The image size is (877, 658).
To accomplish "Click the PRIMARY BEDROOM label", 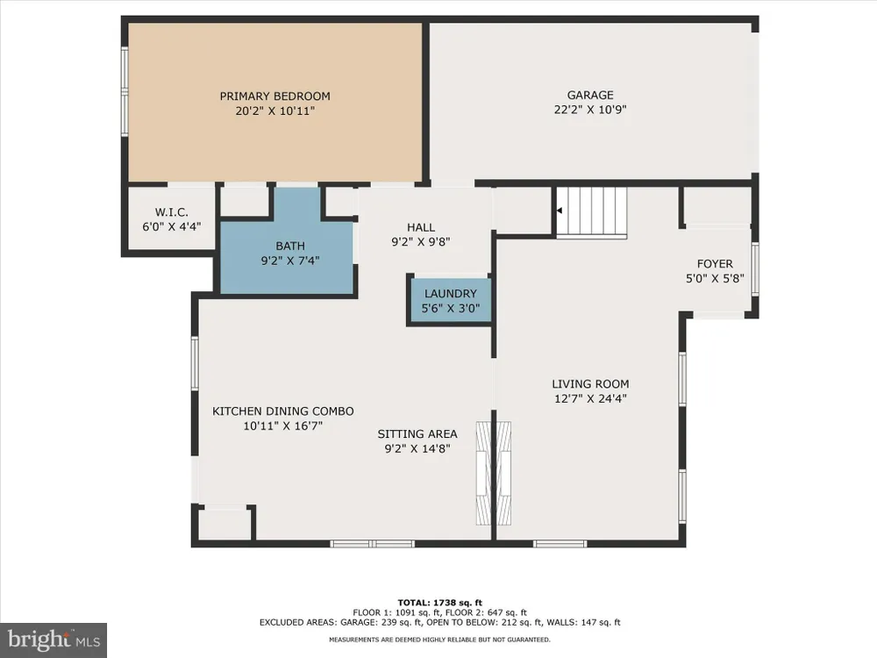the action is coord(275,97).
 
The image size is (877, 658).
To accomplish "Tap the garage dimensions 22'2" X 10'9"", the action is coord(590,110).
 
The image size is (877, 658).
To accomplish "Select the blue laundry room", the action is coord(450,300).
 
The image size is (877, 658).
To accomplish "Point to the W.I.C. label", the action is coord(172,212).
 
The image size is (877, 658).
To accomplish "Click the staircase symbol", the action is coord(591,212).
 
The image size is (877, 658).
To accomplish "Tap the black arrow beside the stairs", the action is coord(559,211).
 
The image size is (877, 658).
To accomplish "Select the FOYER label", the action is coord(715,263).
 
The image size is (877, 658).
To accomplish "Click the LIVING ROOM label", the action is coord(590,384).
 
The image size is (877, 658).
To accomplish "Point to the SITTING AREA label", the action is coord(417,433).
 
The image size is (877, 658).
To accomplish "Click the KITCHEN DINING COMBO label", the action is coord(283,411).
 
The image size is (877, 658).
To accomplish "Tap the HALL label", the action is coord(421,227).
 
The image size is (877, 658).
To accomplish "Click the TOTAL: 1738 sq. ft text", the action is coord(439,603).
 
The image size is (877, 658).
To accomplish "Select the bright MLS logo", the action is coord(53,640).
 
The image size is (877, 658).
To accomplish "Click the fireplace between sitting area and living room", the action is coord(493,474).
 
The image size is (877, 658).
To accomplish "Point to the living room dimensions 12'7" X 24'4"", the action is coord(590,398).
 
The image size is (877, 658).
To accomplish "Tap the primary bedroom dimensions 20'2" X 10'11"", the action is coord(275,111).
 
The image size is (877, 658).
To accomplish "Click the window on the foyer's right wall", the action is coord(755,268).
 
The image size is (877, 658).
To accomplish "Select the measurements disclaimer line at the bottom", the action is coord(439,640).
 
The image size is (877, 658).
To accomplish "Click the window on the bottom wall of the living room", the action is coord(560,544).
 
